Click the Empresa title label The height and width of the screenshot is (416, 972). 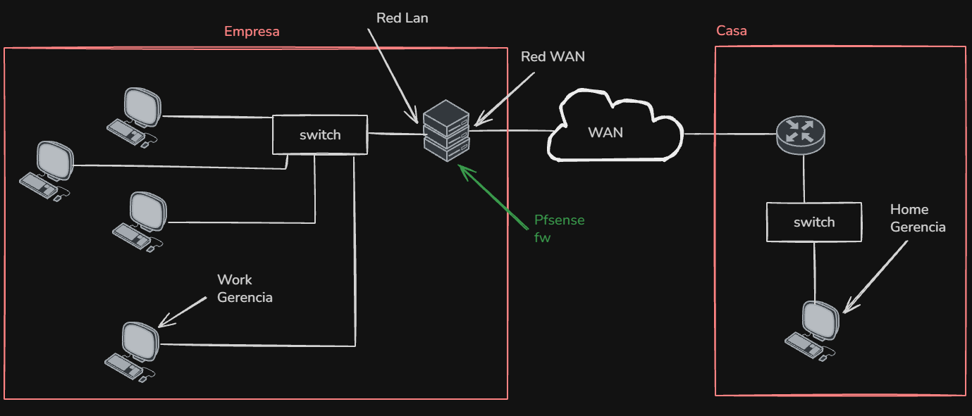click(x=252, y=32)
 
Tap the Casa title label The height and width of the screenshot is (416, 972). click(x=732, y=31)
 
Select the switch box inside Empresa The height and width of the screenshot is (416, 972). click(x=320, y=134)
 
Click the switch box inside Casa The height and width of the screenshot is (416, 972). click(x=814, y=222)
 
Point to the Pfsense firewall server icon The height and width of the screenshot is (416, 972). click(x=446, y=130)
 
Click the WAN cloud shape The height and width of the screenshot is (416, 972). click(x=615, y=126)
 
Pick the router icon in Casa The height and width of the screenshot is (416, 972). click(x=801, y=134)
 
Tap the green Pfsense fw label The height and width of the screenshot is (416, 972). click(x=560, y=229)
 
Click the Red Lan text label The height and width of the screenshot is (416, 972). click(x=402, y=18)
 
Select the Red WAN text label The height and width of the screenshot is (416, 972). click(x=553, y=57)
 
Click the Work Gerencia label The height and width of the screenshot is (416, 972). click(x=245, y=289)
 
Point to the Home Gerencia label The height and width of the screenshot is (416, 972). click(x=918, y=218)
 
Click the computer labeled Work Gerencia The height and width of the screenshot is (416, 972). click(x=133, y=352)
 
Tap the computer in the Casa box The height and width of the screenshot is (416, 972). click(x=812, y=331)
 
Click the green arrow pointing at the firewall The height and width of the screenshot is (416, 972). click(x=493, y=197)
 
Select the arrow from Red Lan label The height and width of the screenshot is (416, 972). click(x=393, y=76)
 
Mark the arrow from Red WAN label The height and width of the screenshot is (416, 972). click(x=505, y=99)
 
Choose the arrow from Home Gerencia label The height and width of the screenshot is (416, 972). click(x=875, y=277)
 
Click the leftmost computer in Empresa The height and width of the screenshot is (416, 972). click(x=47, y=171)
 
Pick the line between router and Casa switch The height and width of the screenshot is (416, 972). click(x=804, y=179)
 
